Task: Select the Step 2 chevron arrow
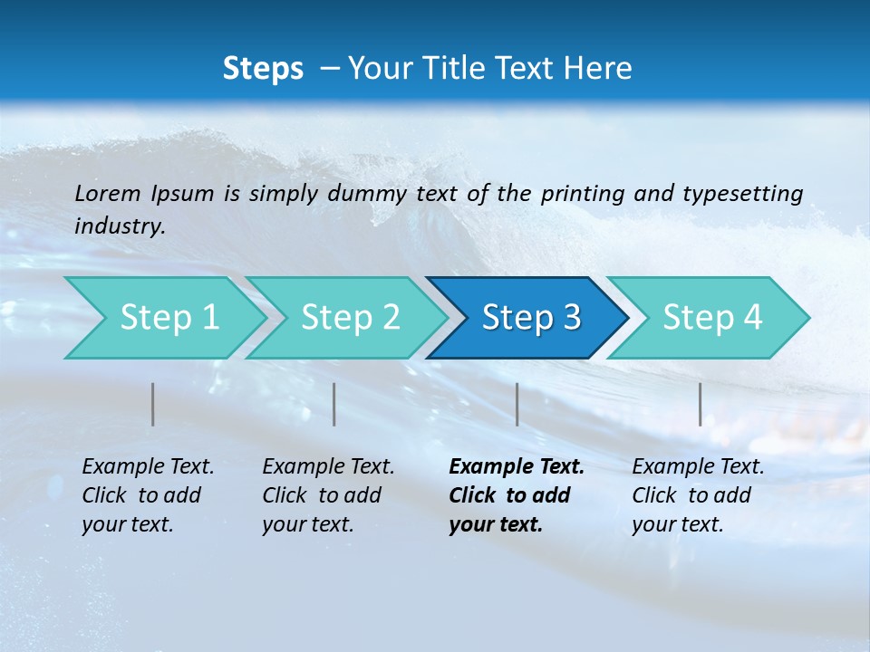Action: (x=350, y=318)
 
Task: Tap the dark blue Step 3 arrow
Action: (x=531, y=318)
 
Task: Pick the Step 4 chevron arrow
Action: (x=712, y=318)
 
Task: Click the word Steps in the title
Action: (x=263, y=69)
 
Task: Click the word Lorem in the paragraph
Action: (x=107, y=193)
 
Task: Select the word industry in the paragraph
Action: (x=120, y=225)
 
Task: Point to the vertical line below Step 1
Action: (x=153, y=404)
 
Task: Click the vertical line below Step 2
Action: (x=334, y=404)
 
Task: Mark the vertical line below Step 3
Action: (x=517, y=404)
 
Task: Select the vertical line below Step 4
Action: (x=700, y=404)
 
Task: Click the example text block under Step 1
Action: (x=147, y=495)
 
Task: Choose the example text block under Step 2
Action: (x=327, y=495)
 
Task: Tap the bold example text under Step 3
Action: (x=516, y=495)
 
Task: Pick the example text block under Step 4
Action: (x=697, y=495)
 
